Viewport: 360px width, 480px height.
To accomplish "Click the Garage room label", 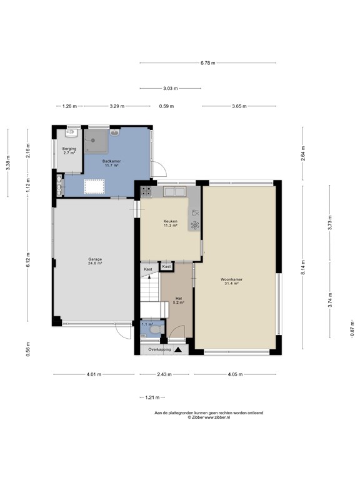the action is click(95, 259).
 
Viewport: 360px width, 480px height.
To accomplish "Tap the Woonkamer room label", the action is click(231, 279).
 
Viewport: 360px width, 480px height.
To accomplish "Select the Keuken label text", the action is click(171, 221).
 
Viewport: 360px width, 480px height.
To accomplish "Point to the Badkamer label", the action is click(111, 161).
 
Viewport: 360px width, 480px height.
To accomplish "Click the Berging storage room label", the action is click(69, 149).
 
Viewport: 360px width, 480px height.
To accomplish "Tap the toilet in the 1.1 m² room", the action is click(157, 330).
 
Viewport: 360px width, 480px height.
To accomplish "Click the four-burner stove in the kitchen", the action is click(146, 191).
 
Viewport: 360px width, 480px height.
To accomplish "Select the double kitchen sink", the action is click(175, 192).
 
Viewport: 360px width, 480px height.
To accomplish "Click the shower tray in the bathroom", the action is click(96, 141).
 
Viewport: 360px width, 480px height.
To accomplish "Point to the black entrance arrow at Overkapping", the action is click(178, 349).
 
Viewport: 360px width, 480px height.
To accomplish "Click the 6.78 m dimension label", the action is click(208, 62).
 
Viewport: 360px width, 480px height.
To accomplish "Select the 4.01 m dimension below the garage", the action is click(94, 374).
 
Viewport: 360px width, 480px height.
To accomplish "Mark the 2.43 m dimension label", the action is click(164, 374).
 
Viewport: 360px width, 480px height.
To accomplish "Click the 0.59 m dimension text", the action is click(166, 106).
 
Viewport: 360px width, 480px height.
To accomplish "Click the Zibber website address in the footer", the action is click(217, 417).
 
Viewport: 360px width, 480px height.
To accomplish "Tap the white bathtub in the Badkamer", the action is click(94, 187).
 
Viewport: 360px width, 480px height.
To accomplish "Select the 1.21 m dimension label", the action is click(152, 397).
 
